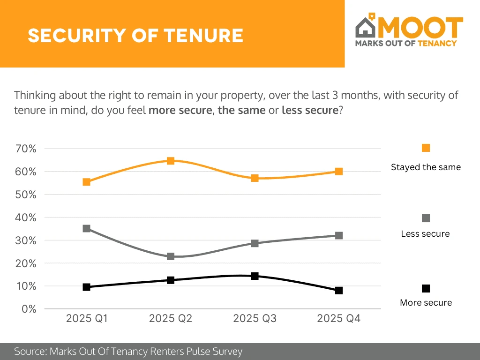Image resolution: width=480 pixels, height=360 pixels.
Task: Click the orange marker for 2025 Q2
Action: pos(171,161)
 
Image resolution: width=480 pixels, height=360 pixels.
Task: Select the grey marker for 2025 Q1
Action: pos(86,228)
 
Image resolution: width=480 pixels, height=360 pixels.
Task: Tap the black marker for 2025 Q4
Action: pos(339,290)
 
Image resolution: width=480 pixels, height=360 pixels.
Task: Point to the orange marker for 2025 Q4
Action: pos(339,171)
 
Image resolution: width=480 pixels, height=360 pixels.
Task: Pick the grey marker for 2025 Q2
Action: pos(171,256)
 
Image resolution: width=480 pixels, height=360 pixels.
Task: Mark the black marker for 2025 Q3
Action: pos(255,276)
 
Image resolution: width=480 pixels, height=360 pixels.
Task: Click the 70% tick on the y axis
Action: pos(26,149)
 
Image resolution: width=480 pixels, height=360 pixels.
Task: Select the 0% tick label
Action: pos(29,309)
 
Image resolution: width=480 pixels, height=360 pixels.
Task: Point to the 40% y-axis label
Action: pos(26,217)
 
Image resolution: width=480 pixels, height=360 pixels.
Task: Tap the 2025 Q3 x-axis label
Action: pos(255,319)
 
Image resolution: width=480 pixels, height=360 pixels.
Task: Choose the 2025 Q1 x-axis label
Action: pos(87,319)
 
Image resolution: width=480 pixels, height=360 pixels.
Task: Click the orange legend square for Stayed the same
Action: pos(426,148)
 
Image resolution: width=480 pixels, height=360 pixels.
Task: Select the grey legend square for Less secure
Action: pos(426,218)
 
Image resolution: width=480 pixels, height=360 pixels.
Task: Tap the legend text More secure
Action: pos(426,302)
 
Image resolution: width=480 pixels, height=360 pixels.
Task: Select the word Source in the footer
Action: pos(29,351)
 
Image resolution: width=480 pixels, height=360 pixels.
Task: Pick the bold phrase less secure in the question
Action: pos(309,111)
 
